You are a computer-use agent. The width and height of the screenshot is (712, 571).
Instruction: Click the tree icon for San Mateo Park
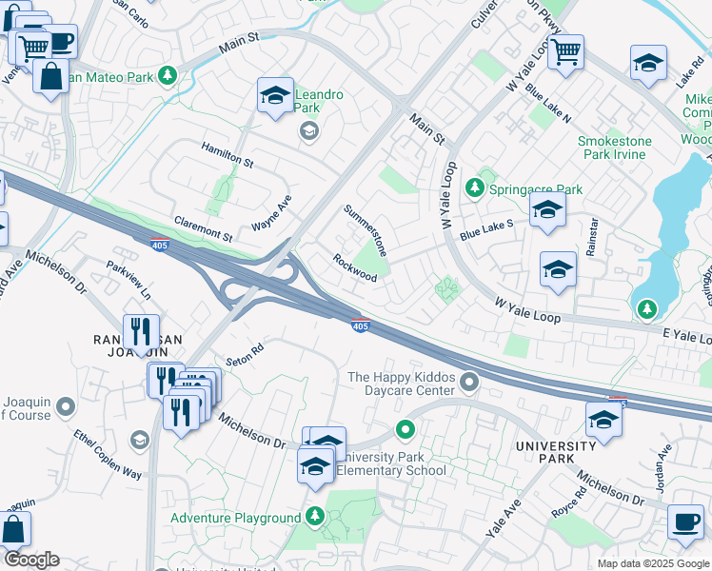tap(168, 74)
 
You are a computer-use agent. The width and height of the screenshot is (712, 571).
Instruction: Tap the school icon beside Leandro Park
tap(275, 96)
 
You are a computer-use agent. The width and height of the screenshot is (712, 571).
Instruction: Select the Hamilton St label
tap(227, 155)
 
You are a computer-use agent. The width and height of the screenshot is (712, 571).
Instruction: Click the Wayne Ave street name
tap(270, 213)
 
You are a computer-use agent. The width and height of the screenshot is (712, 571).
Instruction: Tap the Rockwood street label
tap(354, 267)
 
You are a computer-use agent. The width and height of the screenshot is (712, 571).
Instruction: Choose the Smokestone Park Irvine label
tap(615, 149)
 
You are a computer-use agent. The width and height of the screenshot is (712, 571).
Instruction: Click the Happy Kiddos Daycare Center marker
tap(468, 383)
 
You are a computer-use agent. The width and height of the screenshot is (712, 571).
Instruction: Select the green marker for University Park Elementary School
tap(405, 431)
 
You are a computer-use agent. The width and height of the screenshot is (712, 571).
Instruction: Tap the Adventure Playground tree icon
tap(316, 517)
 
